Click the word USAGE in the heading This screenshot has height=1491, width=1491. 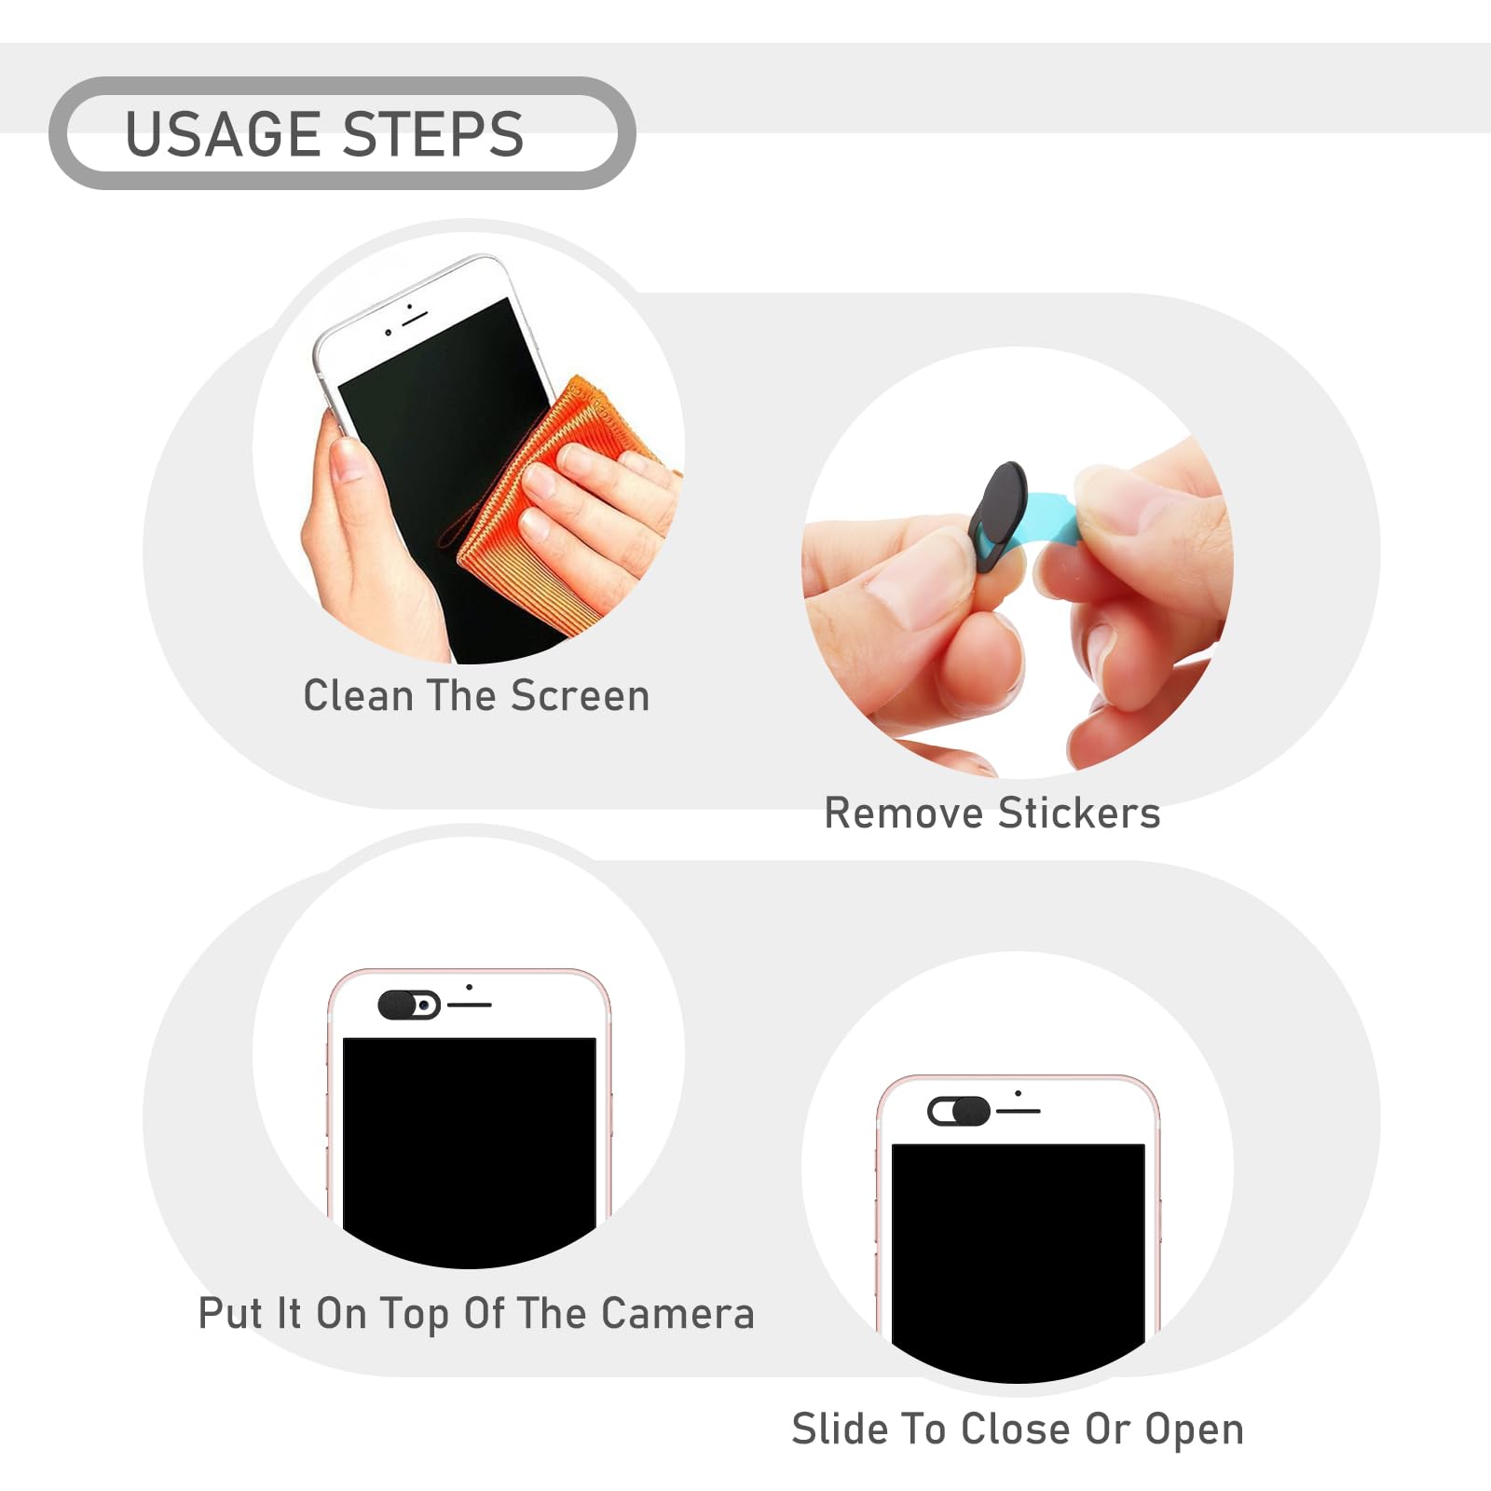[224, 133]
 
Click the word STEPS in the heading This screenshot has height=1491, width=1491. [433, 133]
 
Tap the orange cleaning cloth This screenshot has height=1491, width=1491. [550, 503]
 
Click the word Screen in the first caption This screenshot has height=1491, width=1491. [580, 696]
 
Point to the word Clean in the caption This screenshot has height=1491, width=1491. [358, 696]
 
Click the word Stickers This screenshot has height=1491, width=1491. [1079, 813]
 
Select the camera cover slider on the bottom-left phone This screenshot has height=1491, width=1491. [409, 1005]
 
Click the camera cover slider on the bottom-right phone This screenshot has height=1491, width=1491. [959, 1111]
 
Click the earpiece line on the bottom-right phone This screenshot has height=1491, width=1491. [1019, 1111]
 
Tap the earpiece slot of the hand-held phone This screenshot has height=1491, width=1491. [415, 318]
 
